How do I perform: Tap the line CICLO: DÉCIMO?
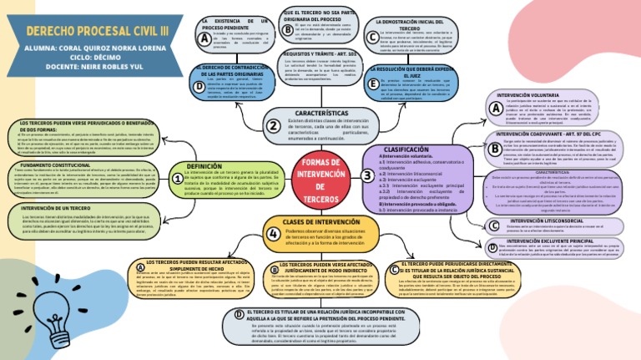click(x=96, y=58)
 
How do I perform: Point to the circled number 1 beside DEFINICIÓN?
click(x=178, y=178)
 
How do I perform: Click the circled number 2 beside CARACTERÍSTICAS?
click(x=273, y=125)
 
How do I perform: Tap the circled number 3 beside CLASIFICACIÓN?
click(x=368, y=175)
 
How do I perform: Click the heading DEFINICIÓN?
click(x=205, y=166)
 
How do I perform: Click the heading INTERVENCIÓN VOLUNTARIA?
click(x=551, y=95)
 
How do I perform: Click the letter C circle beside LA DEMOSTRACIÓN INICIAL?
click(x=371, y=37)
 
